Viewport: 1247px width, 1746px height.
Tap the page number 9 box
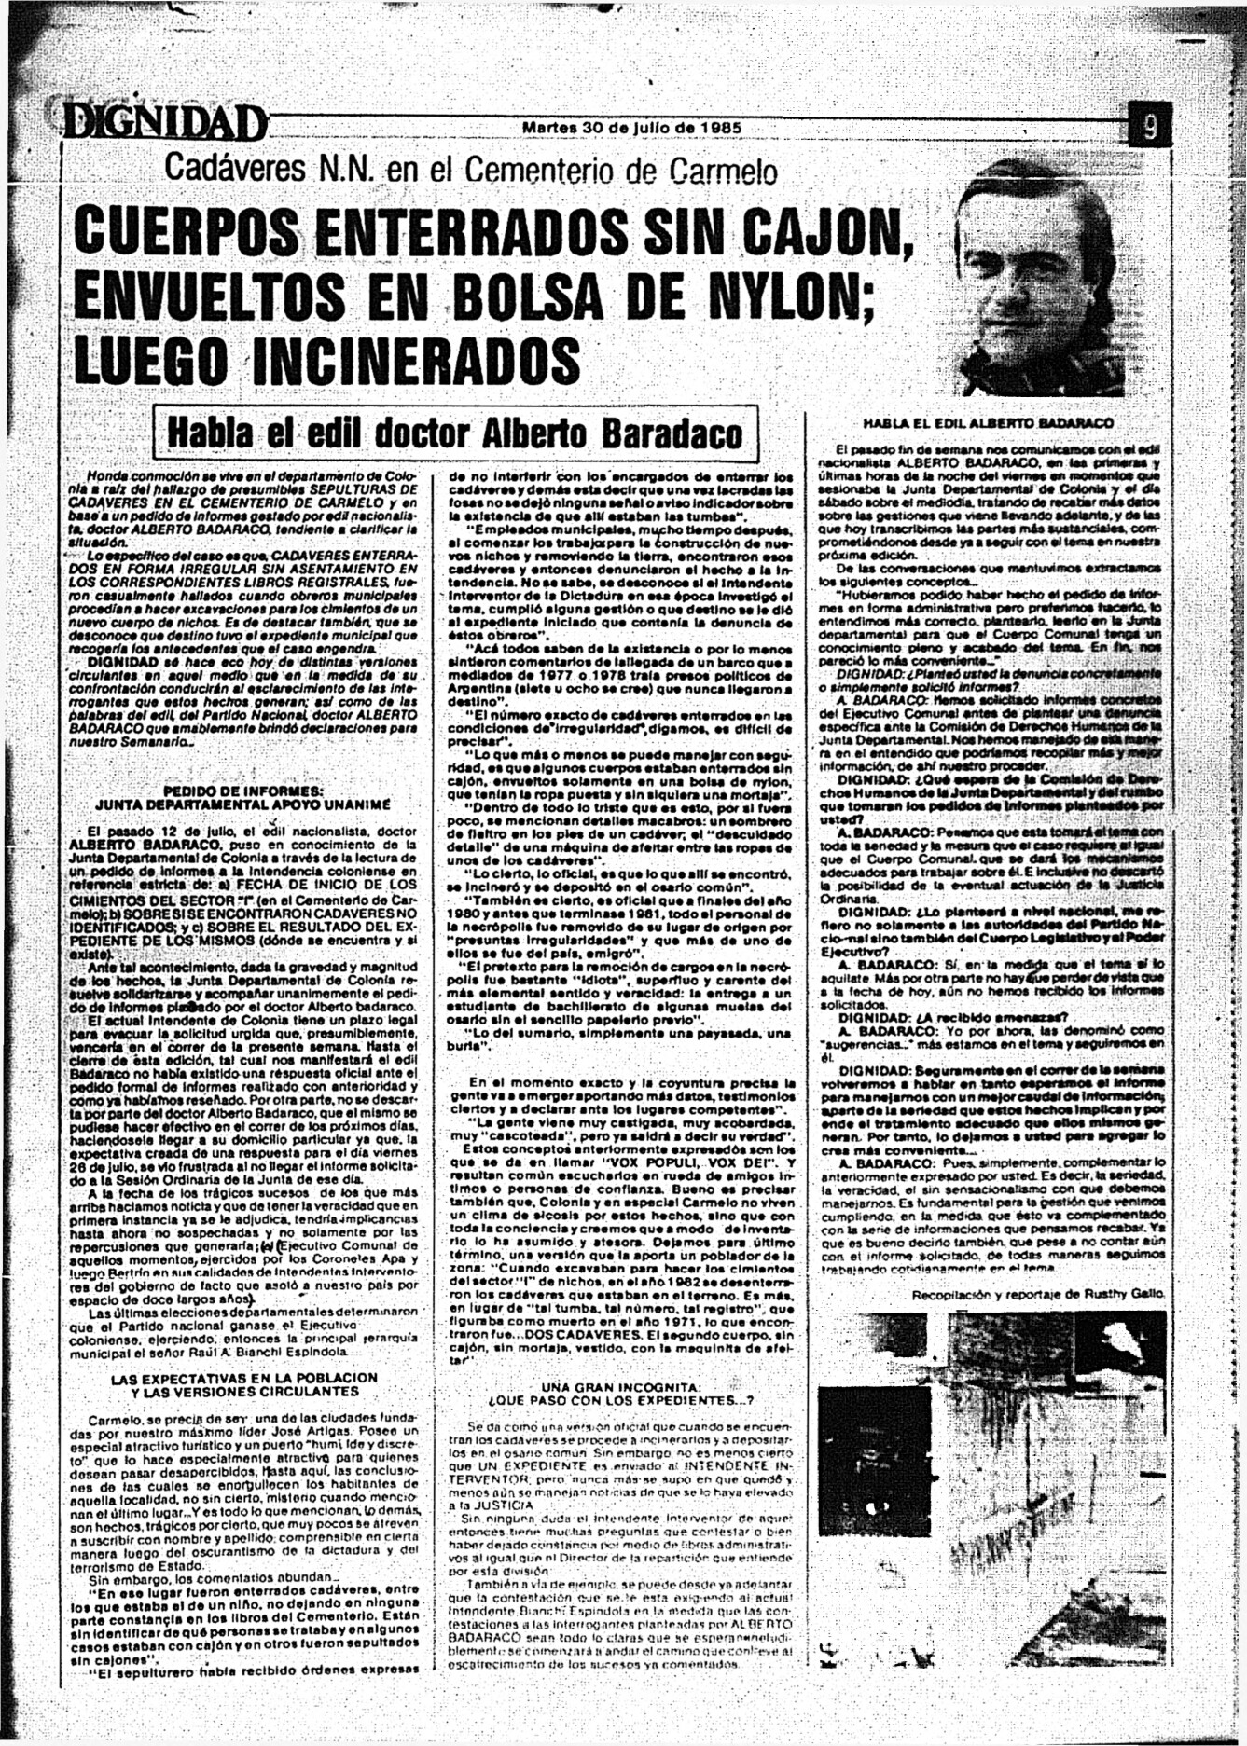1149,125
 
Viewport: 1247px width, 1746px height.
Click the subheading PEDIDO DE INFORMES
242,790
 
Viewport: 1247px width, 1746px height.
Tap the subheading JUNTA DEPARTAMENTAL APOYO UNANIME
242,803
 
